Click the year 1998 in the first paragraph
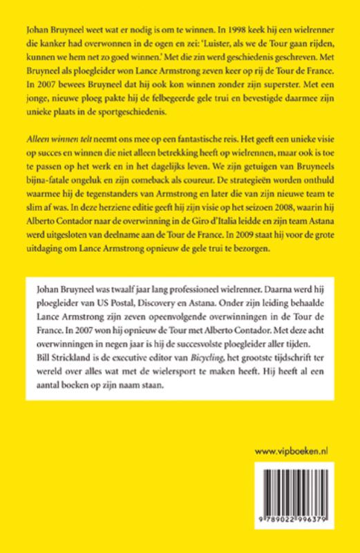coord(276,32)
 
